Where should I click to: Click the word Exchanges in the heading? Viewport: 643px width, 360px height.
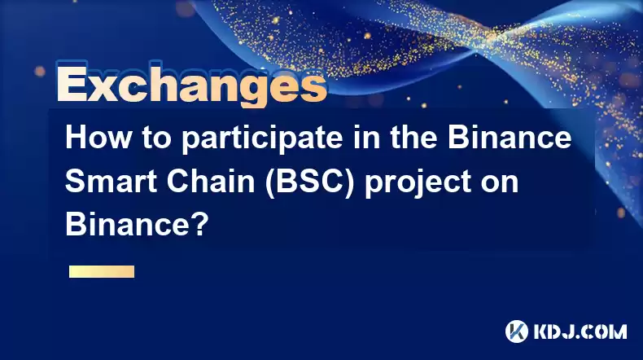[192, 84]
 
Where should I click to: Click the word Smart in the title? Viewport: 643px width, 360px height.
[111, 182]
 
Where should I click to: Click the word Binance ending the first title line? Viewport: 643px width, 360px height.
[510, 138]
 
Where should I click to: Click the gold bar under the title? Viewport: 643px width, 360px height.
[102, 271]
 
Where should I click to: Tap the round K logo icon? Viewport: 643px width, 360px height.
[517, 331]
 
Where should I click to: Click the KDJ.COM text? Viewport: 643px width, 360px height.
[580, 331]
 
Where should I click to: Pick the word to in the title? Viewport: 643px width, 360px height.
[156, 139]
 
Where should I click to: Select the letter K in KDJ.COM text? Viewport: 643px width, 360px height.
[541, 331]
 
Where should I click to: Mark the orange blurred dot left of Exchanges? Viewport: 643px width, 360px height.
[40, 71]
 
